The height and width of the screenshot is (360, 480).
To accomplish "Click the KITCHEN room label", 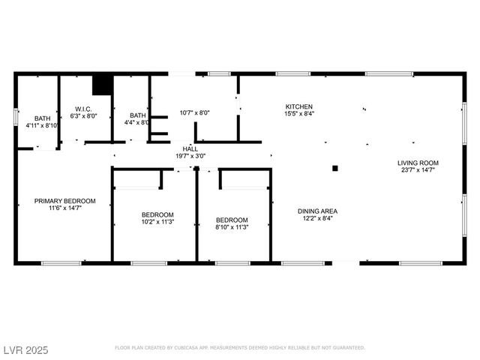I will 298,106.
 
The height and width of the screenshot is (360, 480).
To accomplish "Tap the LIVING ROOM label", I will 418,163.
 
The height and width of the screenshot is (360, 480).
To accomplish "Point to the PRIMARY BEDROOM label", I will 64,201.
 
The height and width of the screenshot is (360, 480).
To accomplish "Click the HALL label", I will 190,148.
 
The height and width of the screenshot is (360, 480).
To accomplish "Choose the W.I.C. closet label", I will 83,108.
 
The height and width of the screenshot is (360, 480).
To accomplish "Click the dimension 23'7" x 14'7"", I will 418,170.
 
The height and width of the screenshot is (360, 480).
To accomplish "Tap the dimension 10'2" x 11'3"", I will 157,222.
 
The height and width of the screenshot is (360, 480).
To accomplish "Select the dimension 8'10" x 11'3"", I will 231,227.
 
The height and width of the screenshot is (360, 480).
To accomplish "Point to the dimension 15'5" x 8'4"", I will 298,114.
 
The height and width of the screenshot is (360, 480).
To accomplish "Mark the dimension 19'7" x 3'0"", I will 190,156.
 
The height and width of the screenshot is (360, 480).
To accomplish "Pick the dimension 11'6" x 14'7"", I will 64,208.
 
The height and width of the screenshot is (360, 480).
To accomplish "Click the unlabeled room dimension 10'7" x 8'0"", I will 194,113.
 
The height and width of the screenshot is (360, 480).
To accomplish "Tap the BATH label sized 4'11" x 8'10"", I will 42,118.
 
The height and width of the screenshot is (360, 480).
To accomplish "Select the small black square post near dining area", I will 335,168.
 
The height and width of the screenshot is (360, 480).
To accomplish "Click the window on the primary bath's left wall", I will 16,117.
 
